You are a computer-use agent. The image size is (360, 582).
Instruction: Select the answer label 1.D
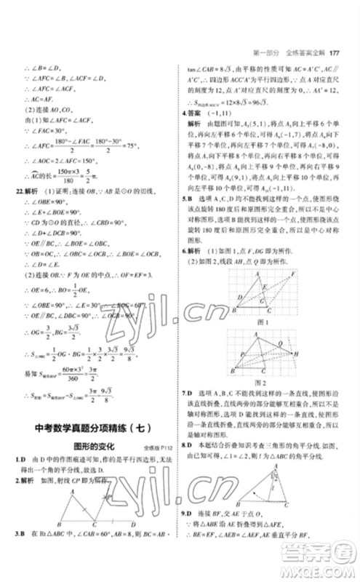[21, 461]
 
